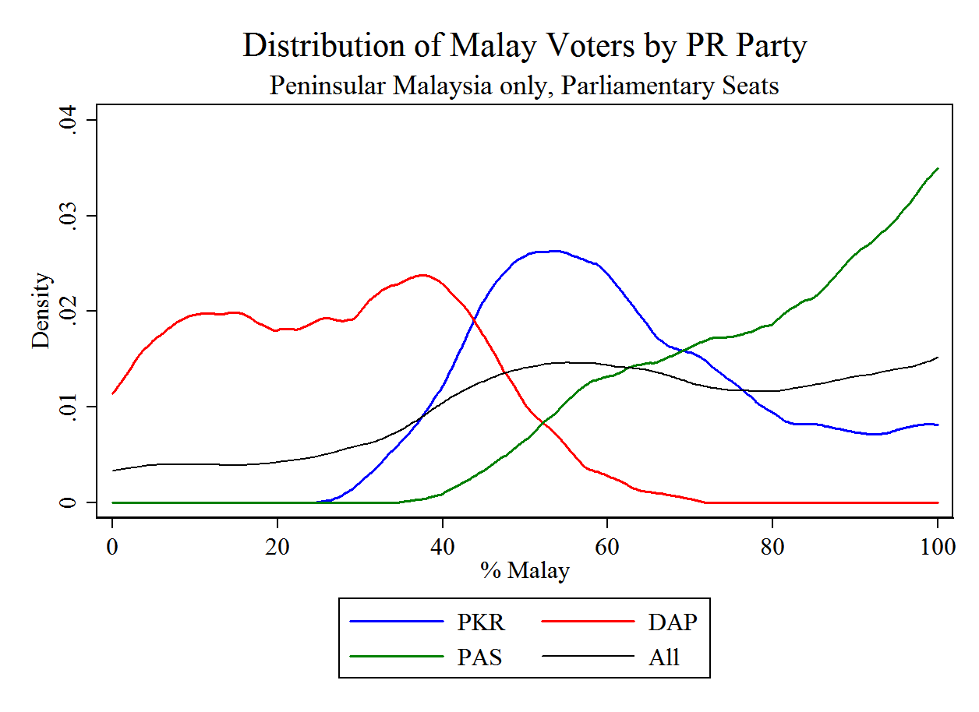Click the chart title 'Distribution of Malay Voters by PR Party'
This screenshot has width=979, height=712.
tap(525, 46)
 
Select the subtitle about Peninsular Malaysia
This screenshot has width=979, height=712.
tap(525, 85)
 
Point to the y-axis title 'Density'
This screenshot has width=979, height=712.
tap(41, 311)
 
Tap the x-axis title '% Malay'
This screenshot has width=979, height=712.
tap(525, 571)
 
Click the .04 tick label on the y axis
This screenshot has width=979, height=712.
tap(69, 120)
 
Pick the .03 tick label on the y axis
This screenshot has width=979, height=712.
tap(69, 216)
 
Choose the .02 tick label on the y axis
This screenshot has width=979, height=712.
tap(69, 312)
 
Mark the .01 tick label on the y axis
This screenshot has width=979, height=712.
tap(69, 407)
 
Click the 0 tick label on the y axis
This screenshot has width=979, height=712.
tap(69, 502)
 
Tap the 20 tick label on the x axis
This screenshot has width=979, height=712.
tap(277, 546)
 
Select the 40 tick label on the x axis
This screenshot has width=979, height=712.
tap(443, 546)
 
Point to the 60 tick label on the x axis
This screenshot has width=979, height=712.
tap(607, 546)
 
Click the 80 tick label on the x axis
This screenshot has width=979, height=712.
tap(772, 546)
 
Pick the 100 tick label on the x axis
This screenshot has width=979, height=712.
tap(937, 546)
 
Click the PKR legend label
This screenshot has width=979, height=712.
tap(481, 622)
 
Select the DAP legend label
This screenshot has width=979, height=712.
tap(672, 622)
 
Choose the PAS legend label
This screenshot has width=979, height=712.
tap(479, 657)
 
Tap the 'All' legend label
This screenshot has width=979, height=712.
tap(664, 657)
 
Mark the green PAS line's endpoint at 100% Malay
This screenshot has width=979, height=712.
tap(938, 168)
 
